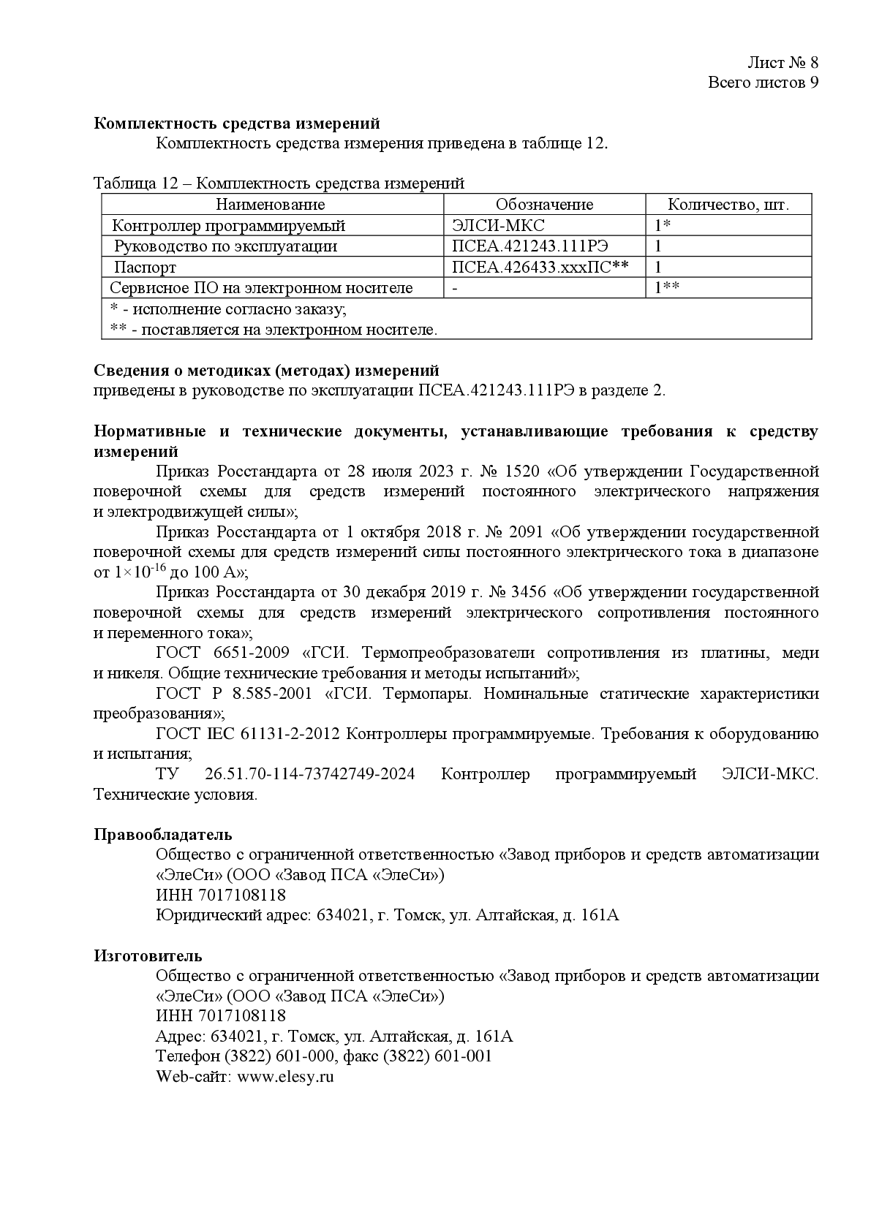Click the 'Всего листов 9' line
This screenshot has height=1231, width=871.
pyautogui.click(x=763, y=82)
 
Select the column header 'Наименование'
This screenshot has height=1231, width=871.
pyautogui.click(x=271, y=205)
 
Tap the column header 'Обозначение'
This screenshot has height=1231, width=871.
pyautogui.click(x=544, y=205)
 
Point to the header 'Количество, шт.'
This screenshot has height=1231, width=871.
pyautogui.click(x=728, y=205)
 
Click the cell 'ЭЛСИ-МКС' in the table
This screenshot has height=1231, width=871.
pyautogui.click(x=499, y=226)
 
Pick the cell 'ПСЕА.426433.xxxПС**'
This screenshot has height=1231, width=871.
pyautogui.click(x=540, y=268)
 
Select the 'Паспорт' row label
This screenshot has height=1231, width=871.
pyautogui.click(x=145, y=268)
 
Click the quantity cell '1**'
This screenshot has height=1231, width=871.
pyautogui.click(x=667, y=288)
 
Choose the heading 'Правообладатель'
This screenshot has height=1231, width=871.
pyautogui.click(x=162, y=835)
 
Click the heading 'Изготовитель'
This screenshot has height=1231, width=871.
pyautogui.click(x=148, y=956)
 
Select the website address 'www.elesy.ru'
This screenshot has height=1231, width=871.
pyautogui.click(x=286, y=1077)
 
